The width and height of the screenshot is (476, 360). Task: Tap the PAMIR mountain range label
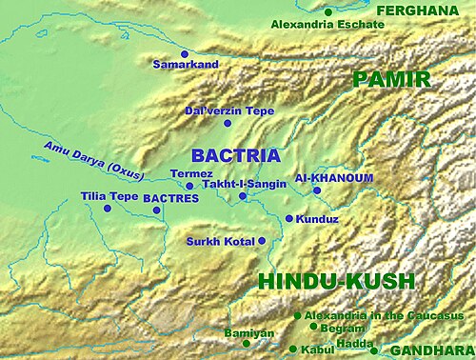tap(391, 79)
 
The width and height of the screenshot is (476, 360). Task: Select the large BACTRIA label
tap(235, 154)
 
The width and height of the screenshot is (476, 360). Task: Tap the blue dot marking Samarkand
tap(184, 53)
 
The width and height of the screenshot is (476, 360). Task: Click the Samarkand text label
tap(186, 65)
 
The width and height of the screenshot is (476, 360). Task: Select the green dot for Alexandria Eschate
tap(328, 11)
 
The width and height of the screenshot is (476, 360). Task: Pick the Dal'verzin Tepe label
tap(228, 111)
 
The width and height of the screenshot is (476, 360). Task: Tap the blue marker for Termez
tap(189, 186)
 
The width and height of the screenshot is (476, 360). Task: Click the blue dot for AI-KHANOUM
tap(317, 190)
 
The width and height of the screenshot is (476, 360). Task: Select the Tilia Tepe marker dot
tap(118, 209)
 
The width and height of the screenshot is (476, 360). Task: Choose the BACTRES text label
tap(170, 198)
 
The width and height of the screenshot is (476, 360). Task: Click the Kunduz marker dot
tap(289, 218)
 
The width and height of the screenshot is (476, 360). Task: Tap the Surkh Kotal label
tap(220, 241)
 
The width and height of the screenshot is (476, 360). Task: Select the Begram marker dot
tap(313, 326)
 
